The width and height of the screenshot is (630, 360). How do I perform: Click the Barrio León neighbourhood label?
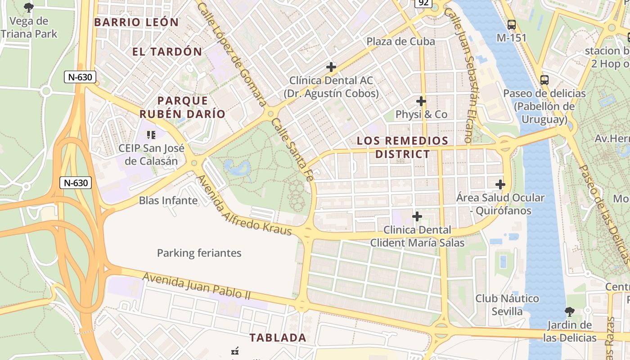pos(136,22)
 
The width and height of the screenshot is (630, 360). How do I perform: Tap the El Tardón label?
pos(167,51)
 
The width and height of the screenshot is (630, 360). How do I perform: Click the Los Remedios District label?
pos(403,147)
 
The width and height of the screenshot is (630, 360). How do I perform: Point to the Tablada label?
pos(278,337)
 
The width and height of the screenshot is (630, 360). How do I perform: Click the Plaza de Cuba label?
pos(400,41)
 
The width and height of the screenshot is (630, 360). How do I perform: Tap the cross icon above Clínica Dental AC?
pos(331,67)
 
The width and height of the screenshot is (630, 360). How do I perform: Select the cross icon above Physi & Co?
pos(421,101)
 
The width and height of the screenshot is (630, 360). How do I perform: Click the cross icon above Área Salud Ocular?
pos(500,184)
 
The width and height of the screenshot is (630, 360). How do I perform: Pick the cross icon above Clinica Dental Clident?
pos(417,216)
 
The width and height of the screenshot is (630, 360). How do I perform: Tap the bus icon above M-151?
pos(511,24)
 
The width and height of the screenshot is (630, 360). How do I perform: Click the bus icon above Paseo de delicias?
pos(544,80)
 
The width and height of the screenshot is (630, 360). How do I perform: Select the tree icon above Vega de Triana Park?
pos(29,7)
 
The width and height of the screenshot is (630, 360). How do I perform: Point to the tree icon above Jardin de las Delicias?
pos(570,311)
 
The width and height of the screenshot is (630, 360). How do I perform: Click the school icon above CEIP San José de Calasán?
pos(151,134)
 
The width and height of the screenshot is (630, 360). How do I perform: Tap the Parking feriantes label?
pos(199,253)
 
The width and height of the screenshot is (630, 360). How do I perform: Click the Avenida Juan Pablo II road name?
pos(196,286)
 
